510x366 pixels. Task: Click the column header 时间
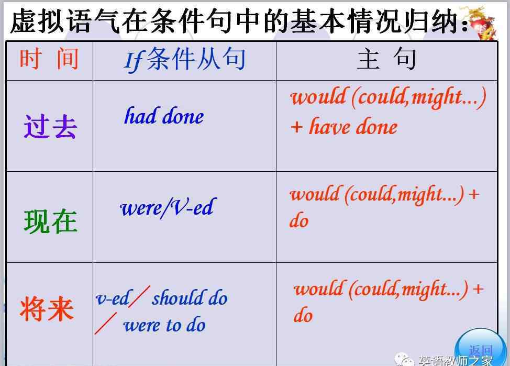[x=49, y=59]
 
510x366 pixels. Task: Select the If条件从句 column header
[x=184, y=60]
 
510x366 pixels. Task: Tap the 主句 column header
[x=386, y=59]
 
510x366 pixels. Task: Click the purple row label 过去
[x=50, y=127]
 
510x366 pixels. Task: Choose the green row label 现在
[x=51, y=221]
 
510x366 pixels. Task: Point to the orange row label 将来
[x=47, y=308]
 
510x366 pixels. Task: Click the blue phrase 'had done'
[x=164, y=116]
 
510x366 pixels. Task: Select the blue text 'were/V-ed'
[x=168, y=207]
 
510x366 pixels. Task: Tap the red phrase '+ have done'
[x=344, y=126]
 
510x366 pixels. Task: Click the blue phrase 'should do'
[x=190, y=298]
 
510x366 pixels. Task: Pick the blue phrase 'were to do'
[x=164, y=325]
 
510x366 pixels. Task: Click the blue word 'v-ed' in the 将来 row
[x=112, y=298]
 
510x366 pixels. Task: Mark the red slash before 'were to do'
[x=106, y=323]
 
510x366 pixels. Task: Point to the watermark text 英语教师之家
[x=456, y=360]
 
